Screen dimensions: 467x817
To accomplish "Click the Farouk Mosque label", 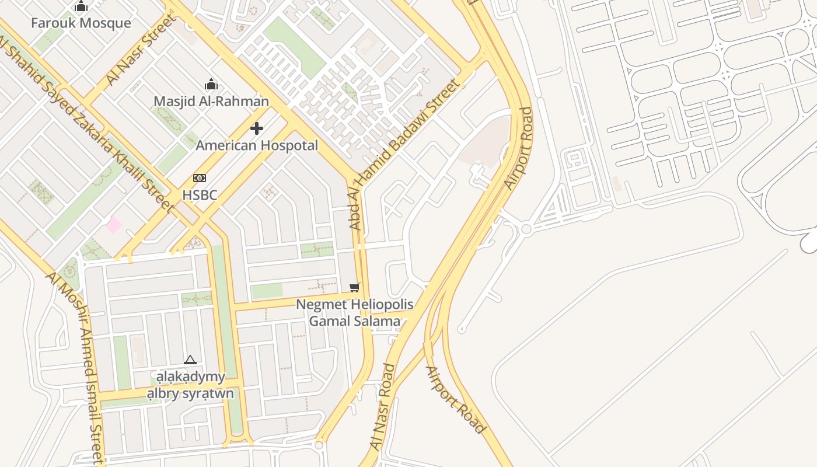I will [81, 23].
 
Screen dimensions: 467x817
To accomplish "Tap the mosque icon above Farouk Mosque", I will [81, 6].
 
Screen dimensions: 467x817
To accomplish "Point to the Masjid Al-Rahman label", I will [211, 102].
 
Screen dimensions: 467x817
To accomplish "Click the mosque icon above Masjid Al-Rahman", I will [211, 85].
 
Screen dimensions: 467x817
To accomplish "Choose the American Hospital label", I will [257, 145].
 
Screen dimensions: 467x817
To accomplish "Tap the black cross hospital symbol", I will [257, 128].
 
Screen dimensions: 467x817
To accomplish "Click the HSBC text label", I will [200, 195].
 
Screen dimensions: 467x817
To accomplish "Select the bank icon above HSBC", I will [200, 178].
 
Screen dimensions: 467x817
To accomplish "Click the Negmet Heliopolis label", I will [354, 305].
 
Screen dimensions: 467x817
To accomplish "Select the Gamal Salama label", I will [354, 321].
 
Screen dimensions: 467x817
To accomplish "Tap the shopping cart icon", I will [354, 287].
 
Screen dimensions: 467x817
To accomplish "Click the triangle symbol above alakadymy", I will [190, 360].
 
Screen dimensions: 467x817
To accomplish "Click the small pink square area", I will [113, 224].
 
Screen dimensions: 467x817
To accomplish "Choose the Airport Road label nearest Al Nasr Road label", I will [455, 400].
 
